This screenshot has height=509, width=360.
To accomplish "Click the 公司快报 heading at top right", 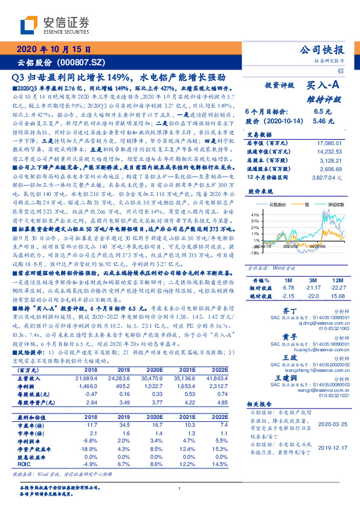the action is point(322,50).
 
